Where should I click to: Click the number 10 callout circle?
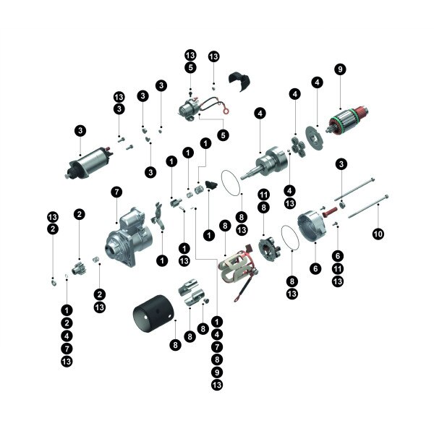coord(378,234)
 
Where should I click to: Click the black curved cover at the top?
coord(239,80)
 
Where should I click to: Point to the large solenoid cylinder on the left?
coord(89,163)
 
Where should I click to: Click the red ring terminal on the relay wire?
coord(226,111)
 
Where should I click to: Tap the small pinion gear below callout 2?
coord(79,268)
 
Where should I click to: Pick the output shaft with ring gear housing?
coord(265,163)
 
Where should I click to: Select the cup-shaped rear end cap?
coord(312,226)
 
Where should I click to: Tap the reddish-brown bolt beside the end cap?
coord(330,213)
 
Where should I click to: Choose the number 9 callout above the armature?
coord(340,69)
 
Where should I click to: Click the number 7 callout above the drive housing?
coord(116,192)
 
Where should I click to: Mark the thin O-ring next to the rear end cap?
coord(290,238)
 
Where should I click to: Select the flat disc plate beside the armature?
coord(314,138)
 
